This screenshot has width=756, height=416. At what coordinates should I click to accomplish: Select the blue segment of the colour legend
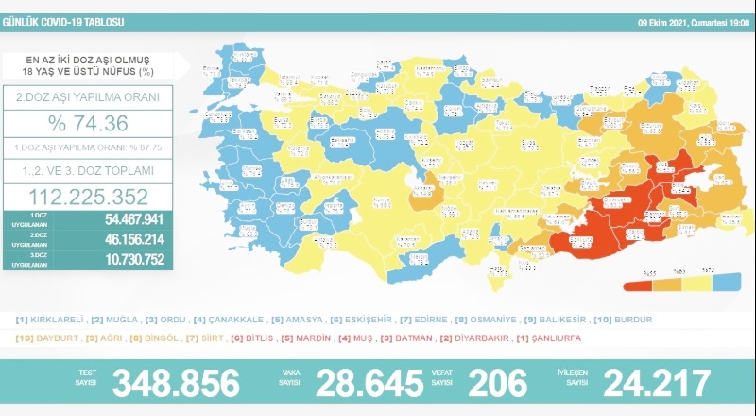tap(725, 283)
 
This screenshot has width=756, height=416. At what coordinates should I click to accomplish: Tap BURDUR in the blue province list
tap(630, 320)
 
